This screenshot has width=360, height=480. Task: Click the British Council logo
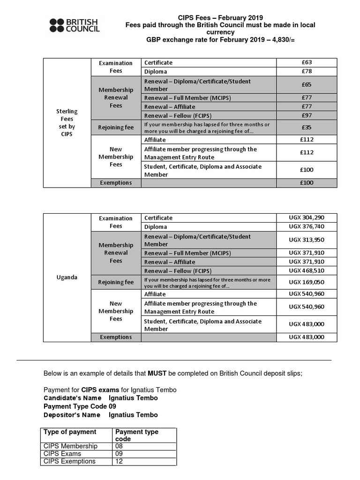pyautogui.click(x=75, y=25)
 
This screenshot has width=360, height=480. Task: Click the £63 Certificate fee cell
pyautogui.click(x=307, y=62)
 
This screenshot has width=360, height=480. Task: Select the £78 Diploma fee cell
pyautogui.click(x=307, y=71)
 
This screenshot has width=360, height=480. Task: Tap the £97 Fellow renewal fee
pyautogui.click(x=307, y=115)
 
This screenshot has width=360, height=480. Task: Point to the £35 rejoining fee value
pyautogui.click(x=307, y=127)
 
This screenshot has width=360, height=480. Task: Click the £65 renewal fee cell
pyautogui.click(x=307, y=85)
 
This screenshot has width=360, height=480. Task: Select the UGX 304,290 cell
pyautogui.click(x=307, y=217)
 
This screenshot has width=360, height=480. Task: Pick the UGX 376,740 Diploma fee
pyautogui.click(x=307, y=226)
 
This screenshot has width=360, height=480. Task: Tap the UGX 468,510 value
pyautogui.click(x=307, y=270)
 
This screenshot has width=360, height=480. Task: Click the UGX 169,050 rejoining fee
pyautogui.click(x=307, y=282)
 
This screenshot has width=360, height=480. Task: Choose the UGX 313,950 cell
pyautogui.click(x=307, y=240)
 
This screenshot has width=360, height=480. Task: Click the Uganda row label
pyautogui.click(x=67, y=277)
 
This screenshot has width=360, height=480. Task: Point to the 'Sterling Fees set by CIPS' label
pyautogui.click(x=67, y=123)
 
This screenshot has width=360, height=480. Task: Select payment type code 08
pyautogui.click(x=119, y=446)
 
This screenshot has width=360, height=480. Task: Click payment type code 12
pyautogui.click(x=119, y=461)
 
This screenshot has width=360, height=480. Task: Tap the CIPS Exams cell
pyautogui.click(x=62, y=454)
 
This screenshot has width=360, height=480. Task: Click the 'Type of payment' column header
pyautogui.click(x=70, y=432)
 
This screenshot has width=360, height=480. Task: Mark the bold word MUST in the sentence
pyautogui.click(x=157, y=374)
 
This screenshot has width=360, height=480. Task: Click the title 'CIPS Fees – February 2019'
pyautogui.click(x=220, y=17)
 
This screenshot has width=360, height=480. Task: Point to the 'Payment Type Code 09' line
pyautogui.click(x=80, y=406)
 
